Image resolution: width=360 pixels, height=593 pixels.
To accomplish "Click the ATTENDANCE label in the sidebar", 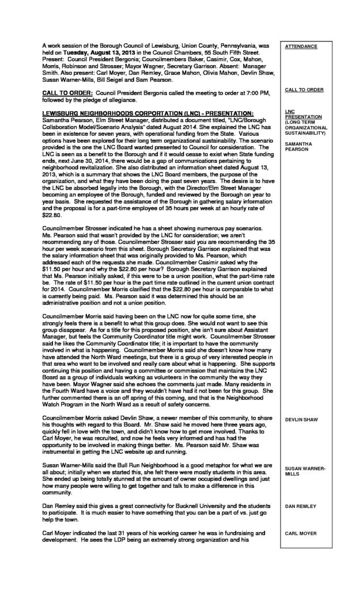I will click(298, 47).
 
